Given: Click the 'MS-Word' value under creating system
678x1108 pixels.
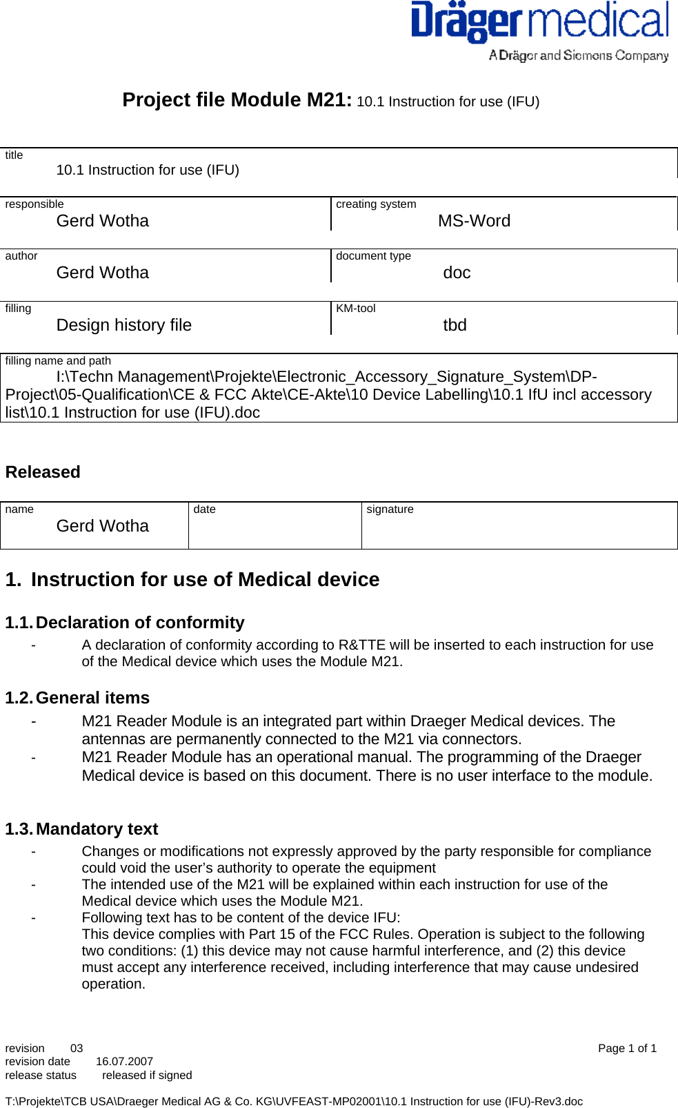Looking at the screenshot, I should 474,221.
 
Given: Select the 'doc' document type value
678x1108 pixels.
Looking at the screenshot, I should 457,273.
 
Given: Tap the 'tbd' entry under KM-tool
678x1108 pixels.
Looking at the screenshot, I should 455,325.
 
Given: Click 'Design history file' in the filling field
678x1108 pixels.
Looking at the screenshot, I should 124,325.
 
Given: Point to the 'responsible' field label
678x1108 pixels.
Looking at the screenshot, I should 34,204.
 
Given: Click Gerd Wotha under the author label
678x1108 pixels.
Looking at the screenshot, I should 102,273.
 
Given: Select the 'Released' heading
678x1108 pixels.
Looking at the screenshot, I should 43,472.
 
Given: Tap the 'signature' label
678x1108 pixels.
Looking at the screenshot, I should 390,509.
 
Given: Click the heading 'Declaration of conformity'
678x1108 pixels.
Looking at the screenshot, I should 140,623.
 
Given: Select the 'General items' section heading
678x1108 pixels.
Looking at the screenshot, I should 92,698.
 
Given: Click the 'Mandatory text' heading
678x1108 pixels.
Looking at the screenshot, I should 97,829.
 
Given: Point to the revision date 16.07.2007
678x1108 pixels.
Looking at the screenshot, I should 124,1062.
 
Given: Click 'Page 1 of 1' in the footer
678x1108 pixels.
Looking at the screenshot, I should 626,1049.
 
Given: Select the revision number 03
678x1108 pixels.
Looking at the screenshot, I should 77,1049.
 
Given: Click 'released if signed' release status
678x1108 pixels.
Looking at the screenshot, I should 147,1076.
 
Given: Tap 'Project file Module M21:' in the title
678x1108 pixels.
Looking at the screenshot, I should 237,100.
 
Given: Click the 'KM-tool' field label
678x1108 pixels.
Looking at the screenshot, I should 355,309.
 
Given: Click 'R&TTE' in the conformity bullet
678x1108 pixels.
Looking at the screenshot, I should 361,645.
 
